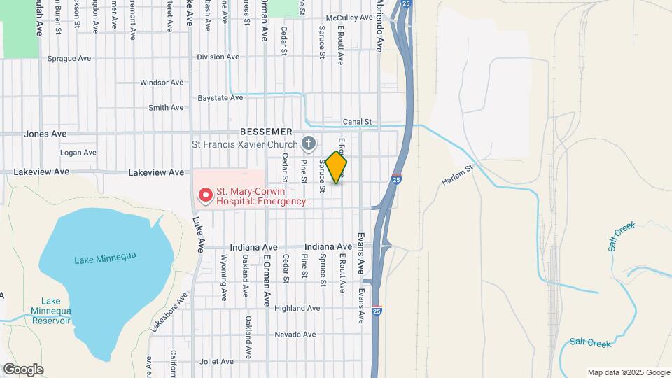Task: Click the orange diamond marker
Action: point(336,167)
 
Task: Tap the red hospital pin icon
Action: point(205,195)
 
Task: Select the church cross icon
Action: point(308,145)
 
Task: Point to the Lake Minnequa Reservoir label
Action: point(50,311)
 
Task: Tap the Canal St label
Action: point(356,122)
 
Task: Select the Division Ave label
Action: point(218,57)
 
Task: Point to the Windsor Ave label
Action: point(162,83)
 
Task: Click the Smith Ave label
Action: point(166,107)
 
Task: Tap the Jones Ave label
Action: point(45,134)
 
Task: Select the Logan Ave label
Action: point(78,152)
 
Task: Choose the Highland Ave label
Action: point(297,308)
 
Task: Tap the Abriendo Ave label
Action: point(379,26)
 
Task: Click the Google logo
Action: point(23,370)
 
